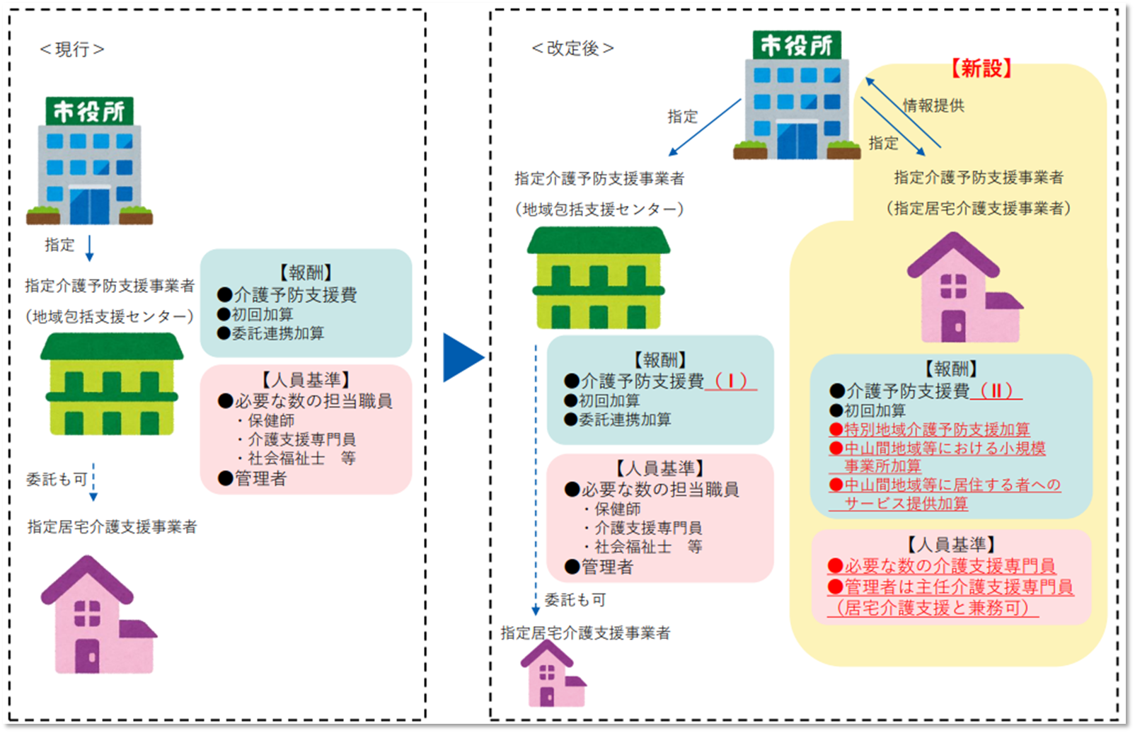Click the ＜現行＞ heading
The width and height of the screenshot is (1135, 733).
pyautogui.click(x=72, y=50)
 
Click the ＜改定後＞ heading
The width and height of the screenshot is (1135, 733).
pyautogui.click(x=572, y=49)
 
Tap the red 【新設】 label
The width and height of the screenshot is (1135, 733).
pyautogui.click(x=981, y=69)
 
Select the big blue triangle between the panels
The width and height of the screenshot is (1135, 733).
pyautogui.click(x=461, y=357)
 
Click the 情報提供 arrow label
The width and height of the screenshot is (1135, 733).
pyautogui.click(x=933, y=106)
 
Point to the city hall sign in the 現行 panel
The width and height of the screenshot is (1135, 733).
pyautogui.click(x=89, y=111)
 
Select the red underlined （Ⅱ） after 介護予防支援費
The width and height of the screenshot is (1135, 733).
pyautogui.click(x=996, y=391)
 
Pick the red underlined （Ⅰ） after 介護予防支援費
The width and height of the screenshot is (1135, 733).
pyautogui.click(x=730, y=381)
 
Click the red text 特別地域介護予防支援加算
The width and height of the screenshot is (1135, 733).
pyautogui.click(x=936, y=429)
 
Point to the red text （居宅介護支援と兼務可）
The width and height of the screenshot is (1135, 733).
pyautogui.click(x=933, y=608)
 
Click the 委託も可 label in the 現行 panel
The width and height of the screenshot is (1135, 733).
pyautogui.click(x=57, y=480)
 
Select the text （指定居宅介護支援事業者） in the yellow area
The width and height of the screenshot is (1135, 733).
pyautogui.click(x=979, y=209)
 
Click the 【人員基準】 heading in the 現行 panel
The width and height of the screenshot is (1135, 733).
pyautogui.click(x=306, y=380)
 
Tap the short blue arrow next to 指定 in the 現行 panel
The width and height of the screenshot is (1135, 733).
pyautogui.click(x=89, y=248)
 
